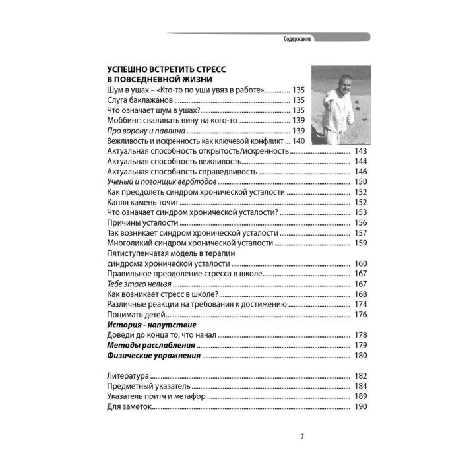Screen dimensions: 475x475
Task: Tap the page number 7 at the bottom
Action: (x=302, y=436)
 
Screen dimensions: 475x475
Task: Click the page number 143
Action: (x=360, y=151)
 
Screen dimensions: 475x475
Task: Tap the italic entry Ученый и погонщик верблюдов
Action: (x=161, y=181)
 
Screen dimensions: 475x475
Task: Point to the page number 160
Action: (x=360, y=263)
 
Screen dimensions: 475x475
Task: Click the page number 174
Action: (x=360, y=304)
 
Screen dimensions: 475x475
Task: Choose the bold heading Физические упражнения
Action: (x=153, y=356)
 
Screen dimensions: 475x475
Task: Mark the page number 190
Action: (x=360, y=406)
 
